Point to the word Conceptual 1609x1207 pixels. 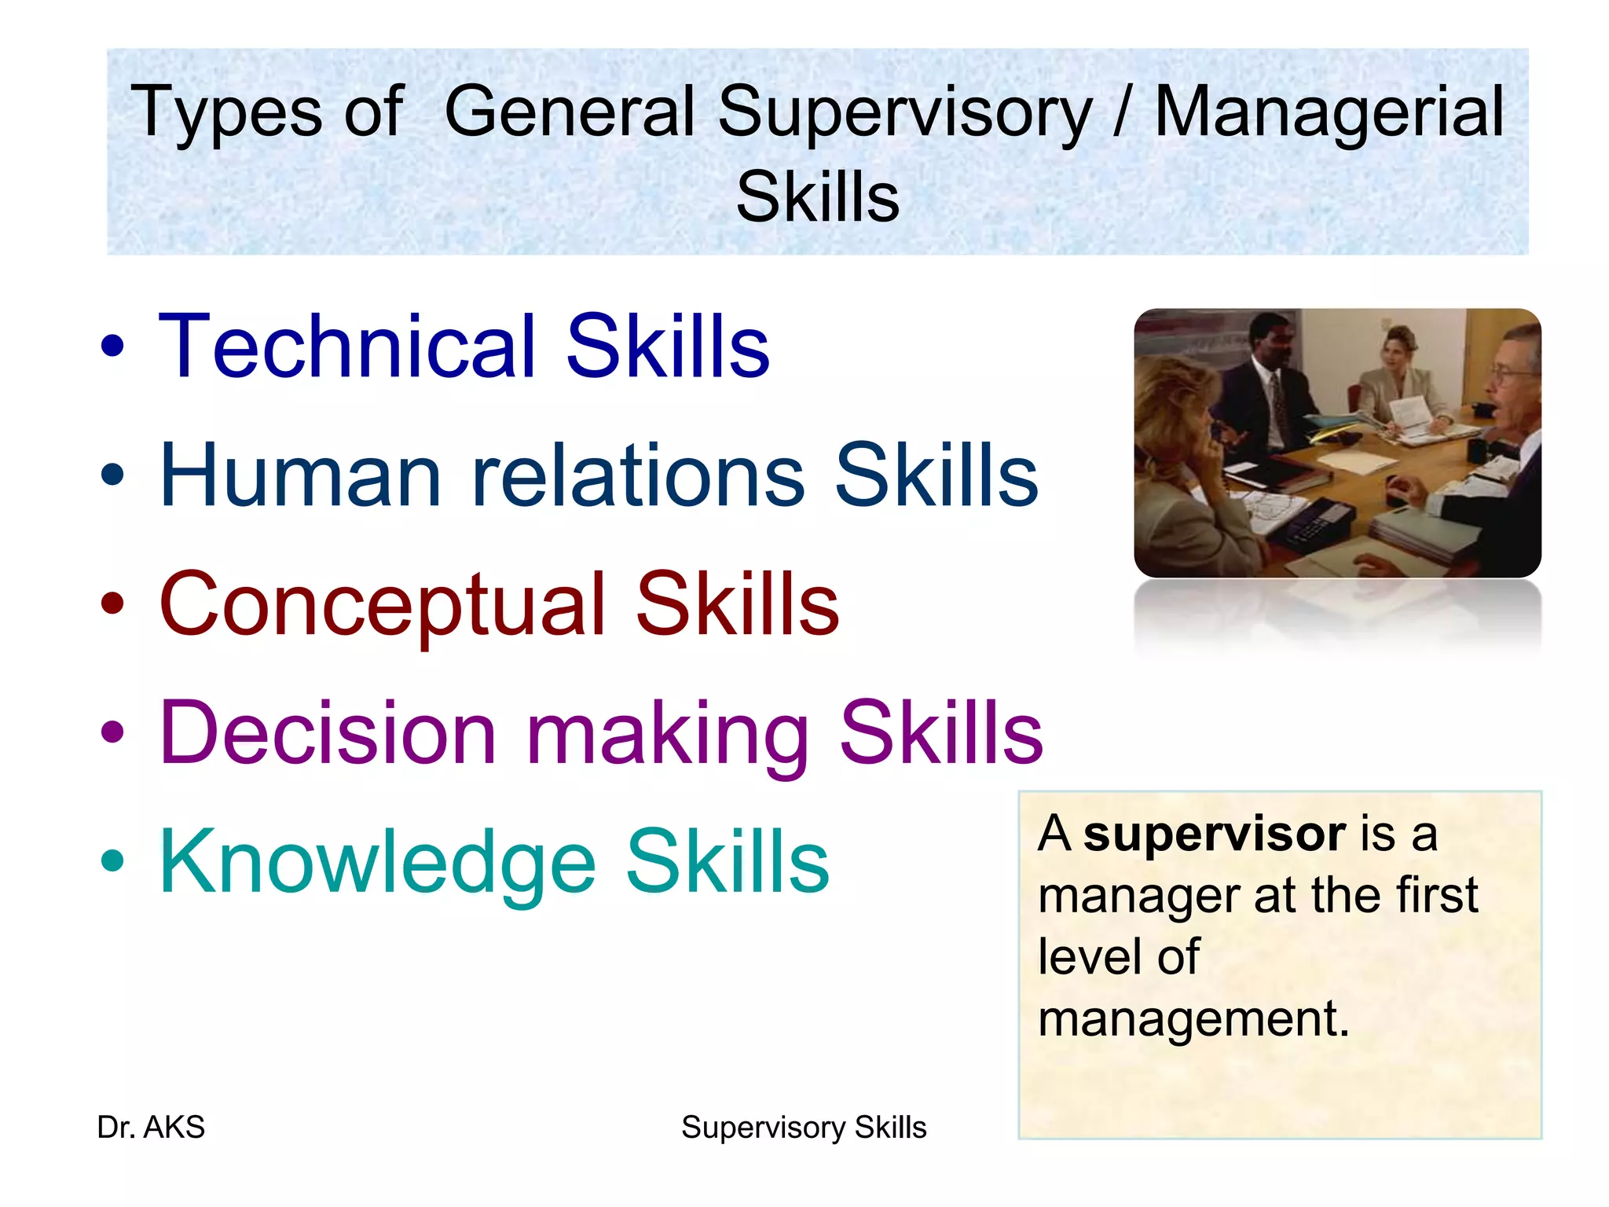click(x=383, y=605)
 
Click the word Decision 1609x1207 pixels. click(x=328, y=733)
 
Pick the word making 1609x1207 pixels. click(x=667, y=735)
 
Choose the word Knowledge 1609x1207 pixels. click(x=377, y=863)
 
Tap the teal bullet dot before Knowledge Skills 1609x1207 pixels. click(x=113, y=862)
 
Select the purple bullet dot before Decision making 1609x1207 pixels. click(x=113, y=732)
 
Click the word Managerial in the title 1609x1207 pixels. click(x=1329, y=112)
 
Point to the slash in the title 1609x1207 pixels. click(x=1122, y=112)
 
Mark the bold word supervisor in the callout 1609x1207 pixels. click(x=1215, y=834)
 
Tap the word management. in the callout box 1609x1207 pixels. click(x=1193, y=1019)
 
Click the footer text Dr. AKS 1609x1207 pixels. click(x=151, y=1128)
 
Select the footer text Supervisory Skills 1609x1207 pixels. click(x=804, y=1128)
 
